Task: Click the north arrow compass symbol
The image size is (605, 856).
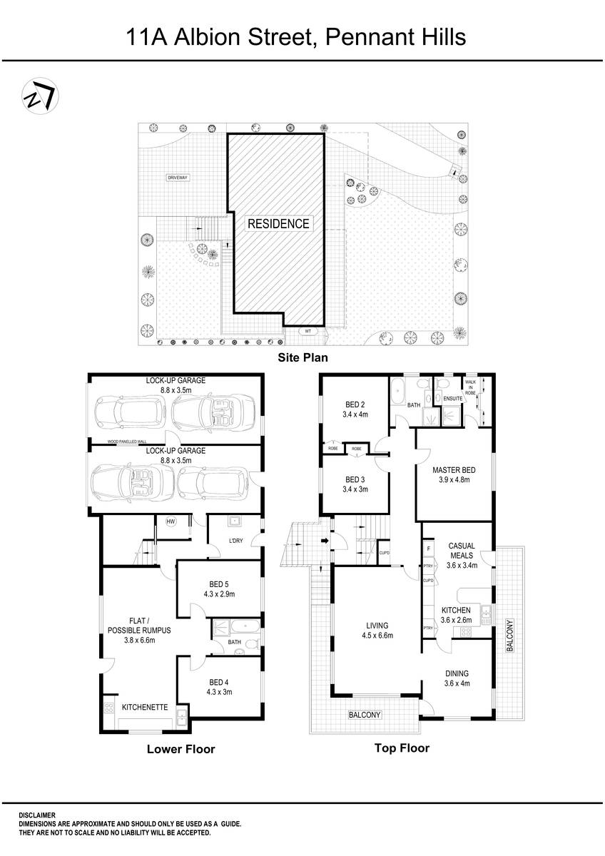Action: click(x=40, y=96)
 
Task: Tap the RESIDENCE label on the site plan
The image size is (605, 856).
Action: click(x=278, y=223)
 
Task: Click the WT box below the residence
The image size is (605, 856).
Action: click(x=307, y=331)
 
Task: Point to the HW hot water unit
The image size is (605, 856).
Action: click(x=171, y=521)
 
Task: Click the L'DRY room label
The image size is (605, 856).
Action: click(x=235, y=540)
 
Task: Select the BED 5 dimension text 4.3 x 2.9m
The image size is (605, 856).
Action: click(x=219, y=593)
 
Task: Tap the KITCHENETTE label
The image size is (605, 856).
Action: click(x=145, y=708)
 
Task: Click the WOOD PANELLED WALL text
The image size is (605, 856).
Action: click(x=127, y=442)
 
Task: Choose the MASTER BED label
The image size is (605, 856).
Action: click(x=454, y=470)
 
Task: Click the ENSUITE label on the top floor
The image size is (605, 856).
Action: click(x=452, y=398)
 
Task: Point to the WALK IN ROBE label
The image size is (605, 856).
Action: click(x=470, y=387)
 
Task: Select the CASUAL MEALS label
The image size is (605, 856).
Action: click(x=461, y=551)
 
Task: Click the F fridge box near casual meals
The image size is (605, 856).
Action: click(x=428, y=549)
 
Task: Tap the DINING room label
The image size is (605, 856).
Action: click(x=456, y=673)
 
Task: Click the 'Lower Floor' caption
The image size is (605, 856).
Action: click(x=181, y=749)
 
